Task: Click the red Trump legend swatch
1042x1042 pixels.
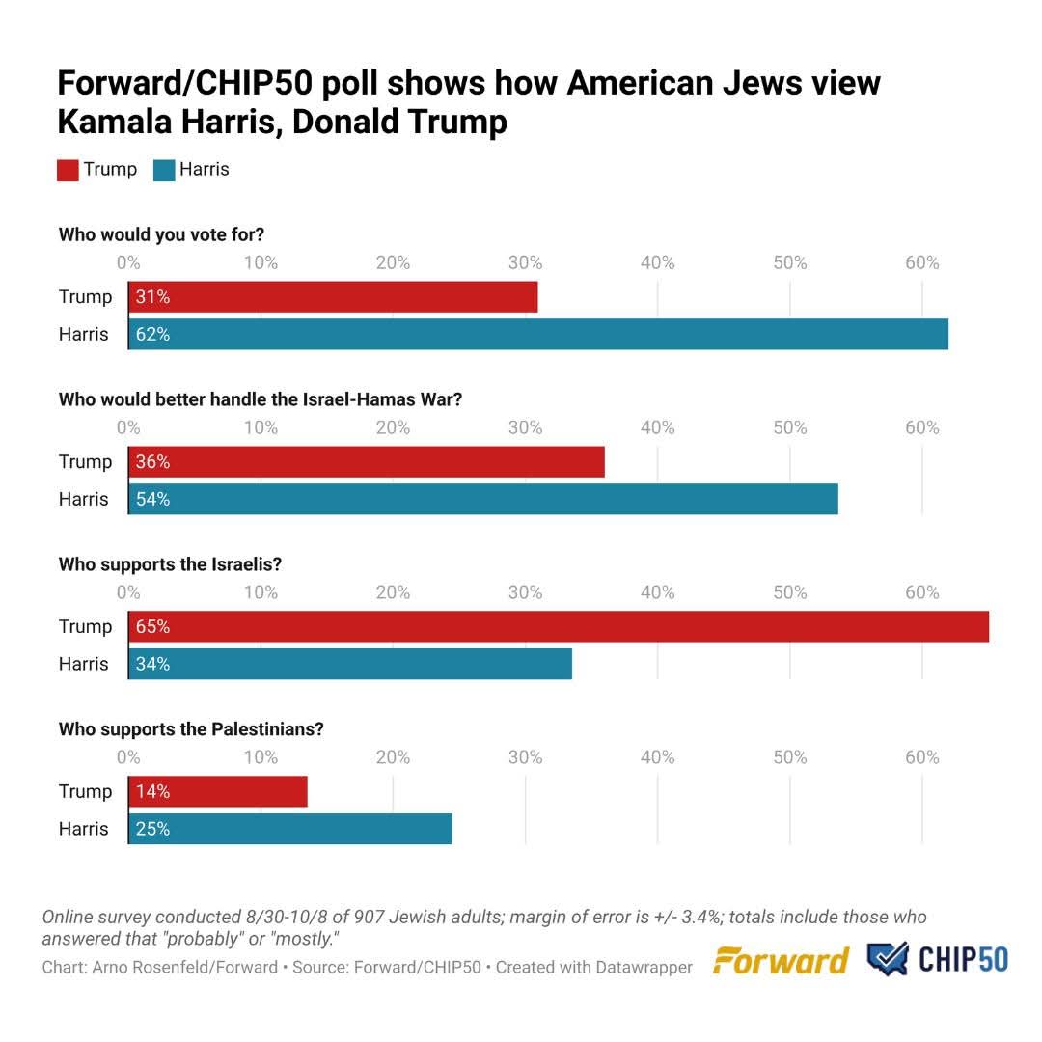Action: [x=68, y=171]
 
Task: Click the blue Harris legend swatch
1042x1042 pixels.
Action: [x=163, y=171]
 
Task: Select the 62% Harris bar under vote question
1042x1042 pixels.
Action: [x=538, y=335]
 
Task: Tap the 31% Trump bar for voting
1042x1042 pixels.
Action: [x=333, y=297]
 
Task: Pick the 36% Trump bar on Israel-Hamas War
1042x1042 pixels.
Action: [x=367, y=462]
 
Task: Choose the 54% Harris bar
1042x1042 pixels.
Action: [x=482, y=500]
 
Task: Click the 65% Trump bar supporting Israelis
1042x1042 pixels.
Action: [x=559, y=627]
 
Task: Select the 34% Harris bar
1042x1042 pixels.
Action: [x=350, y=665]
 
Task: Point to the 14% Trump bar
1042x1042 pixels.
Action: [x=218, y=792]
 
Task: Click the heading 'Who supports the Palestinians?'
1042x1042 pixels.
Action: [x=191, y=729]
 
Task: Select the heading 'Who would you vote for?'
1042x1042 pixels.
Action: [x=161, y=234]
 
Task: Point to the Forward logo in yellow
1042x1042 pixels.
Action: [x=781, y=961]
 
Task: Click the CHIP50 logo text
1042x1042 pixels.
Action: [x=963, y=960]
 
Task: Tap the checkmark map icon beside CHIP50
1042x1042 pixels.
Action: [x=888, y=960]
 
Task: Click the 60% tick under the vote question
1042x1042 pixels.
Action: [x=921, y=263]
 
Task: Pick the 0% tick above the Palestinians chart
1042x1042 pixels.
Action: [x=128, y=757]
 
